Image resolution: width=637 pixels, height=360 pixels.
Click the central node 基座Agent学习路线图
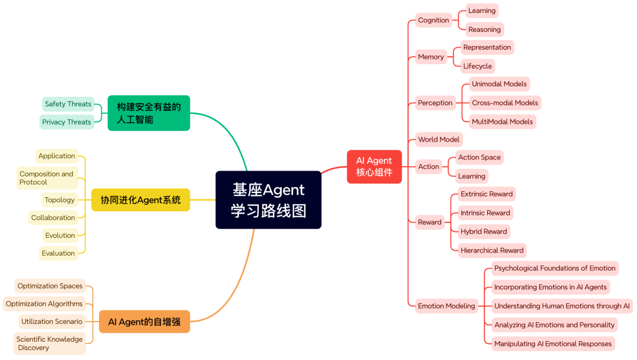point(268,200)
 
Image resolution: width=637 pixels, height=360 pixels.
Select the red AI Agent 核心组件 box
point(374,166)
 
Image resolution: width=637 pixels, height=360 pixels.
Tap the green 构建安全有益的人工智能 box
point(149,113)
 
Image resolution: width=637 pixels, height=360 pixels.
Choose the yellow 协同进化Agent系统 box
point(140,200)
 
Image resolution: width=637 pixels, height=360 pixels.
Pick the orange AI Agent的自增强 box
point(144,322)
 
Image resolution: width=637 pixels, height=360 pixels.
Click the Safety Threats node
point(68,104)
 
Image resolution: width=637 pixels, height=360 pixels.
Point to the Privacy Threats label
point(67,122)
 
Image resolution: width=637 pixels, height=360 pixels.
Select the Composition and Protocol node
point(47,178)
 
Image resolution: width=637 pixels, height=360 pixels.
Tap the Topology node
point(60,200)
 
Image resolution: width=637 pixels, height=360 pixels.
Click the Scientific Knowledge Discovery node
point(50,343)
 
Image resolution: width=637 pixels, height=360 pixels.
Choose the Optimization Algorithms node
point(44,304)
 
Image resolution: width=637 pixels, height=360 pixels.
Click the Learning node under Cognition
point(482,11)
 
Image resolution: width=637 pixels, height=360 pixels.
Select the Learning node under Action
point(472,176)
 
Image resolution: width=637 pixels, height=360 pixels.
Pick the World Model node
point(439,139)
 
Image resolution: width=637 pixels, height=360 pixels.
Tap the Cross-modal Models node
point(505,103)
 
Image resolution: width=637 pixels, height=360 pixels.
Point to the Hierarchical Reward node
point(492,250)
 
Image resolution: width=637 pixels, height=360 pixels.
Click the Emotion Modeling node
point(446,306)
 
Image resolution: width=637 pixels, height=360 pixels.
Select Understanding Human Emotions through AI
point(562,306)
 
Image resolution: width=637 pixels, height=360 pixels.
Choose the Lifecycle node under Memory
point(477,66)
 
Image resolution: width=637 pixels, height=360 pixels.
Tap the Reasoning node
point(484,30)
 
